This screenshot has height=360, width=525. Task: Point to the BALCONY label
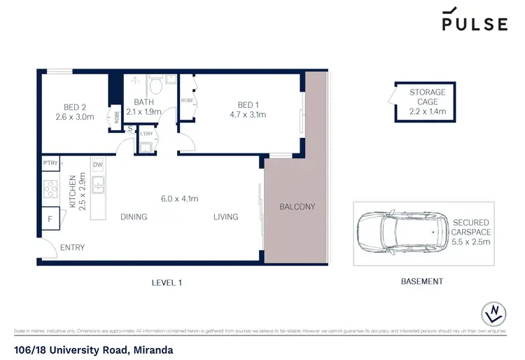coord(297,207)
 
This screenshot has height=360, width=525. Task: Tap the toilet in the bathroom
coord(157,88)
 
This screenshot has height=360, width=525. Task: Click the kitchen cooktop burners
coord(50,189)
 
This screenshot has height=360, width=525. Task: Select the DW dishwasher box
coord(97,165)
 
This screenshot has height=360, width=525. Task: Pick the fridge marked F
coord(49,219)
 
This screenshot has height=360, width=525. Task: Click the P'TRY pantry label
coord(50,163)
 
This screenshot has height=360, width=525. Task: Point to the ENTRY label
coord(73,248)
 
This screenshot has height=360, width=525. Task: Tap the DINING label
coord(133,217)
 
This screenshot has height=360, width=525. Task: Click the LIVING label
coord(225,217)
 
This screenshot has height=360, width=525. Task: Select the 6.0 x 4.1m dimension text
coord(179,199)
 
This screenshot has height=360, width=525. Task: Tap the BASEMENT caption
coord(421,282)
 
